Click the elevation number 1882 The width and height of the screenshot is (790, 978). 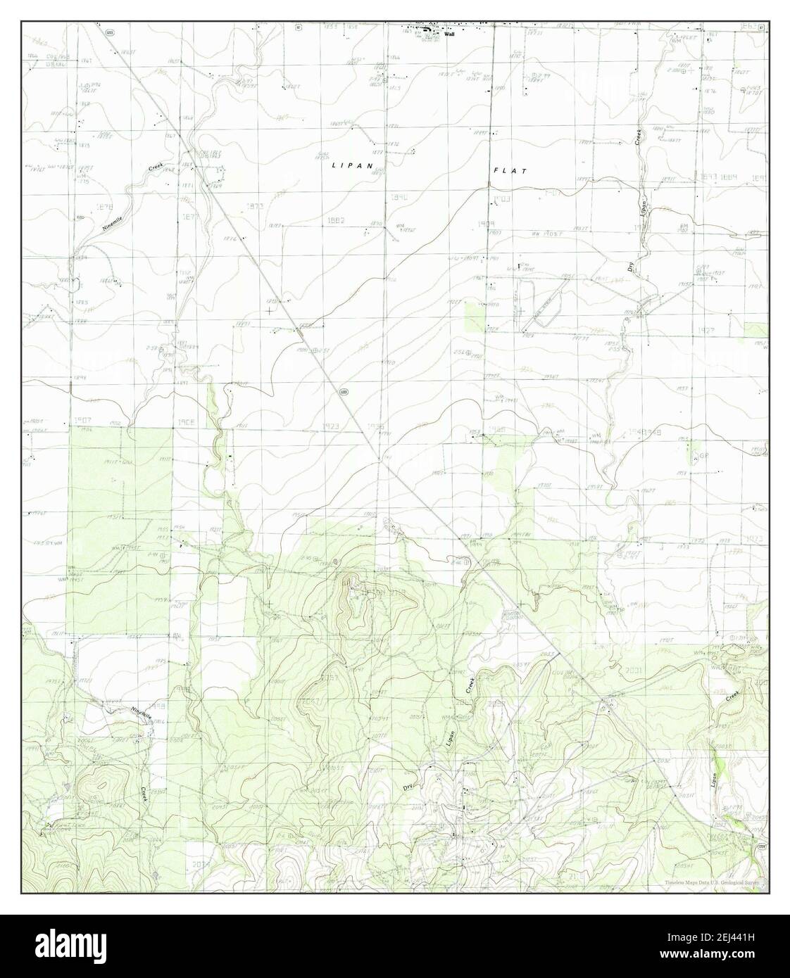pyautogui.click(x=335, y=220)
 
